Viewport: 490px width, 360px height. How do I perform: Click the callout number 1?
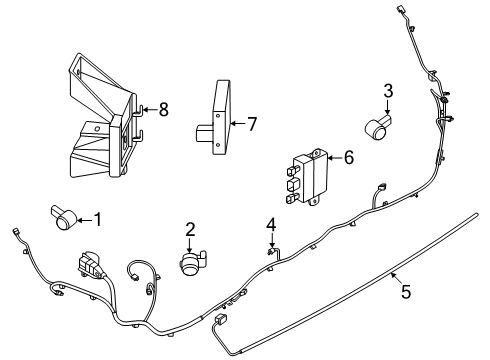(98, 220)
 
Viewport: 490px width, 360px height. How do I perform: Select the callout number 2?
(190, 230)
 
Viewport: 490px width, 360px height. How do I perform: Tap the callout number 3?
(388, 91)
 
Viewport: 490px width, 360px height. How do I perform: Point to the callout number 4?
(271, 225)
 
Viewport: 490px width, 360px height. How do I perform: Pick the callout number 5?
(406, 292)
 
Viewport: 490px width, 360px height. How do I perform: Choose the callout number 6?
(349, 157)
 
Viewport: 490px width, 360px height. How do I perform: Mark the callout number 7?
(252, 124)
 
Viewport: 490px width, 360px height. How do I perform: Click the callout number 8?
(163, 109)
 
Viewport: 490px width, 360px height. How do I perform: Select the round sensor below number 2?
(193, 263)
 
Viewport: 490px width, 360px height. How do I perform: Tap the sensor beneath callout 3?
(377, 127)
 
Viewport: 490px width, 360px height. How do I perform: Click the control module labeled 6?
(307, 177)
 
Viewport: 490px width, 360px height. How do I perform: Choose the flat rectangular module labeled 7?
(218, 120)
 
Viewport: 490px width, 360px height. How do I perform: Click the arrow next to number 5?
(396, 278)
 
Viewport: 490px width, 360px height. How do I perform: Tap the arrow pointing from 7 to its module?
(238, 124)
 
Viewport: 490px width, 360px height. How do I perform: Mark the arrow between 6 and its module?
(335, 158)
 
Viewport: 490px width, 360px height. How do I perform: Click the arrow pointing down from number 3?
(388, 108)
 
